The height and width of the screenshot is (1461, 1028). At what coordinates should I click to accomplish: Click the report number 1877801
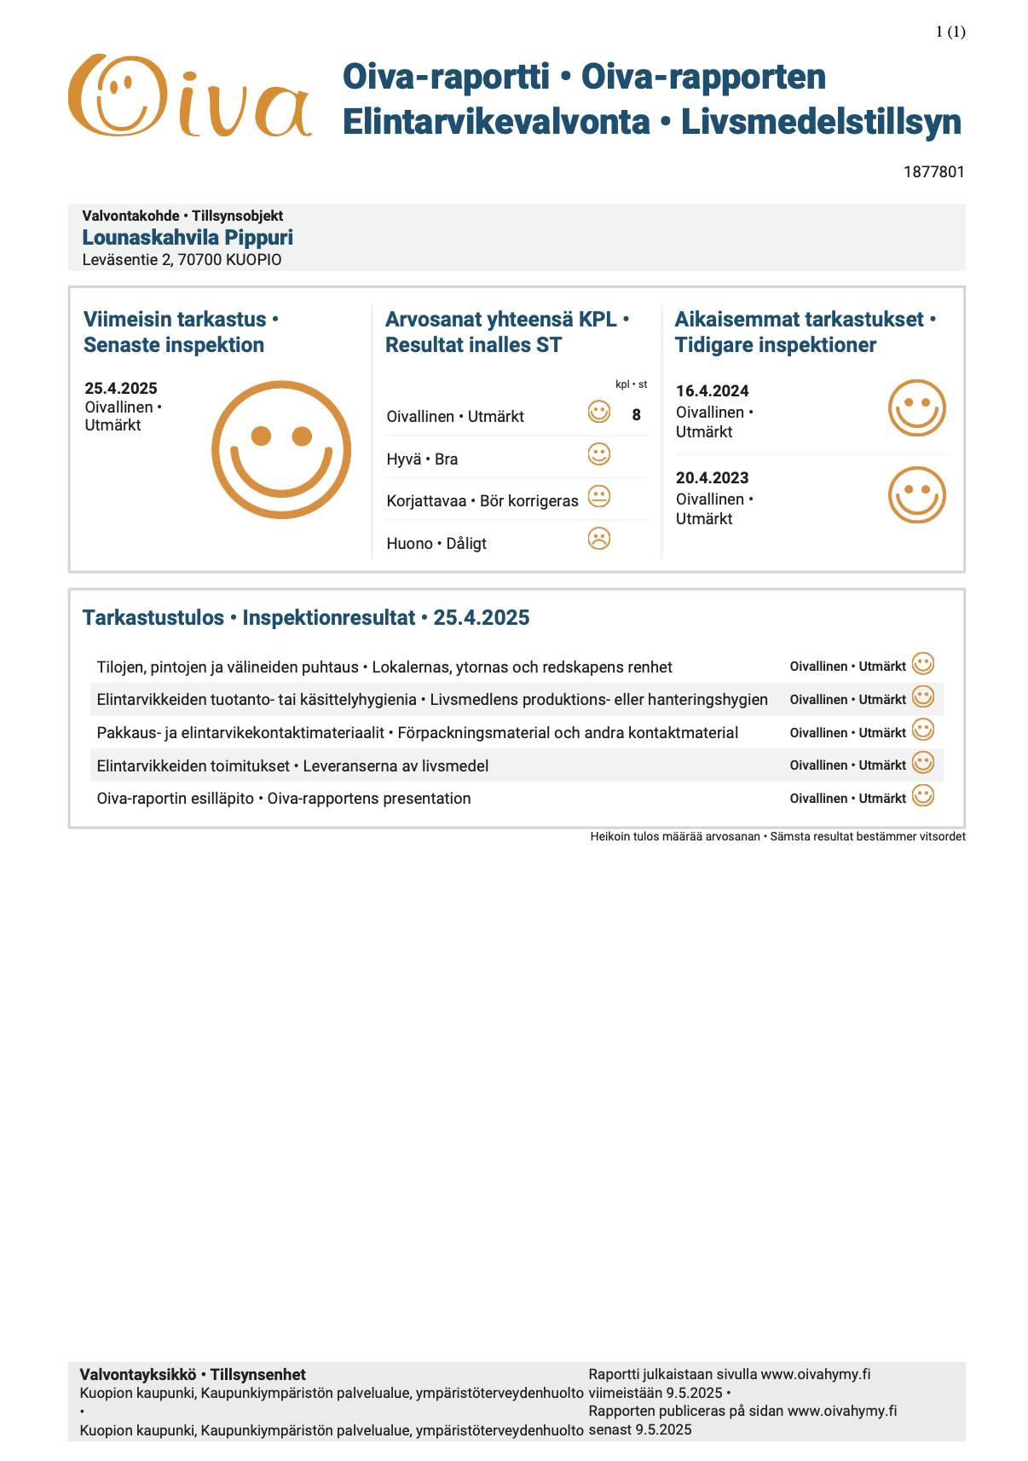click(x=933, y=172)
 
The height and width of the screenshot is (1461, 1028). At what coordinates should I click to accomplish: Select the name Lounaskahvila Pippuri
click(x=188, y=238)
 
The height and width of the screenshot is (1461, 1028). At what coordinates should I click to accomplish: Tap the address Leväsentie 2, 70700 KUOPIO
click(x=182, y=260)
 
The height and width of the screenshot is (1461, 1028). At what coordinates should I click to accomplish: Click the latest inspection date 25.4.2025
click(x=121, y=389)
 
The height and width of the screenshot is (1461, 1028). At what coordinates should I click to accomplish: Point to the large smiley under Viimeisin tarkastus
click(x=281, y=449)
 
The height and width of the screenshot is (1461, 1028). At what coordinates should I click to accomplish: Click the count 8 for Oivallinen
click(x=636, y=415)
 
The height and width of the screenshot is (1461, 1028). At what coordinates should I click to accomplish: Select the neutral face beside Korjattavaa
click(x=599, y=496)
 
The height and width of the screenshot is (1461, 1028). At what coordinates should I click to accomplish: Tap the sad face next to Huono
click(x=599, y=539)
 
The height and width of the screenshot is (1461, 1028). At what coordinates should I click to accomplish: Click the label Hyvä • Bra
click(x=422, y=459)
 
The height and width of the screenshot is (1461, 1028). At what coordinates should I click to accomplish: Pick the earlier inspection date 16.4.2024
click(x=712, y=391)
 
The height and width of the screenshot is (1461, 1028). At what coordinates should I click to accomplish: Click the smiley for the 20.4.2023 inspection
click(x=916, y=494)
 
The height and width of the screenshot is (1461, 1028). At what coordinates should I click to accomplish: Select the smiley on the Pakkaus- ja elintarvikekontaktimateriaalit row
click(x=922, y=730)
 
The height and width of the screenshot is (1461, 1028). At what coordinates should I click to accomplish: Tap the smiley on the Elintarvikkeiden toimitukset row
click(x=922, y=763)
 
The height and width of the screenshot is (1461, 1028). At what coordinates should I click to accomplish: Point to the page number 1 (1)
click(x=950, y=32)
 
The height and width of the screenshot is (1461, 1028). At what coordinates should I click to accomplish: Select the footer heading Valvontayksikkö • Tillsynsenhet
click(x=193, y=1375)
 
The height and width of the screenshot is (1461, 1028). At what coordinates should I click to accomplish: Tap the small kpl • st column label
click(x=631, y=384)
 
